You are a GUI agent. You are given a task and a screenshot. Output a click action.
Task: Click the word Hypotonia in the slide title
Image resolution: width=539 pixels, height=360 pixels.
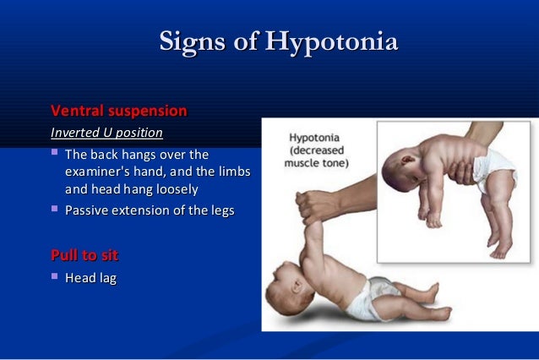click(x=331, y=42)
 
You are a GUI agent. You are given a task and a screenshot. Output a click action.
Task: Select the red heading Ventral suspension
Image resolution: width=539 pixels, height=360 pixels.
click(x=118, y=111)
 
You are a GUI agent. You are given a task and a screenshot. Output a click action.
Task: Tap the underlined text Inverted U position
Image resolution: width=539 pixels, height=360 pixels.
click(x=106, y=133)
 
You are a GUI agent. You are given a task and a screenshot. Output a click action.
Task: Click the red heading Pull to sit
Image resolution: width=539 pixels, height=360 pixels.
click(x=84, y=254)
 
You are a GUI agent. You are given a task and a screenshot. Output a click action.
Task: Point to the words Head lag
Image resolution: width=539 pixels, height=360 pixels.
click(x=91, y=277)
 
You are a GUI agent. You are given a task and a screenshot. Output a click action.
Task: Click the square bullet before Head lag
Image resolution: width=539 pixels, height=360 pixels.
click(x=55, y=276)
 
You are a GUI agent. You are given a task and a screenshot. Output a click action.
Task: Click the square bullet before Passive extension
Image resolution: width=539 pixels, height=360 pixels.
click(x=55, y=209)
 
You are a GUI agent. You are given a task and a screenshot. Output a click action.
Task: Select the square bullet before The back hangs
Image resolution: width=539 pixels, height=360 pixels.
click(x=55, y=155)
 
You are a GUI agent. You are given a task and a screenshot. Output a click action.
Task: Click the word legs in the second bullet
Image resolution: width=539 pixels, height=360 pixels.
click(x=220, y=210)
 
